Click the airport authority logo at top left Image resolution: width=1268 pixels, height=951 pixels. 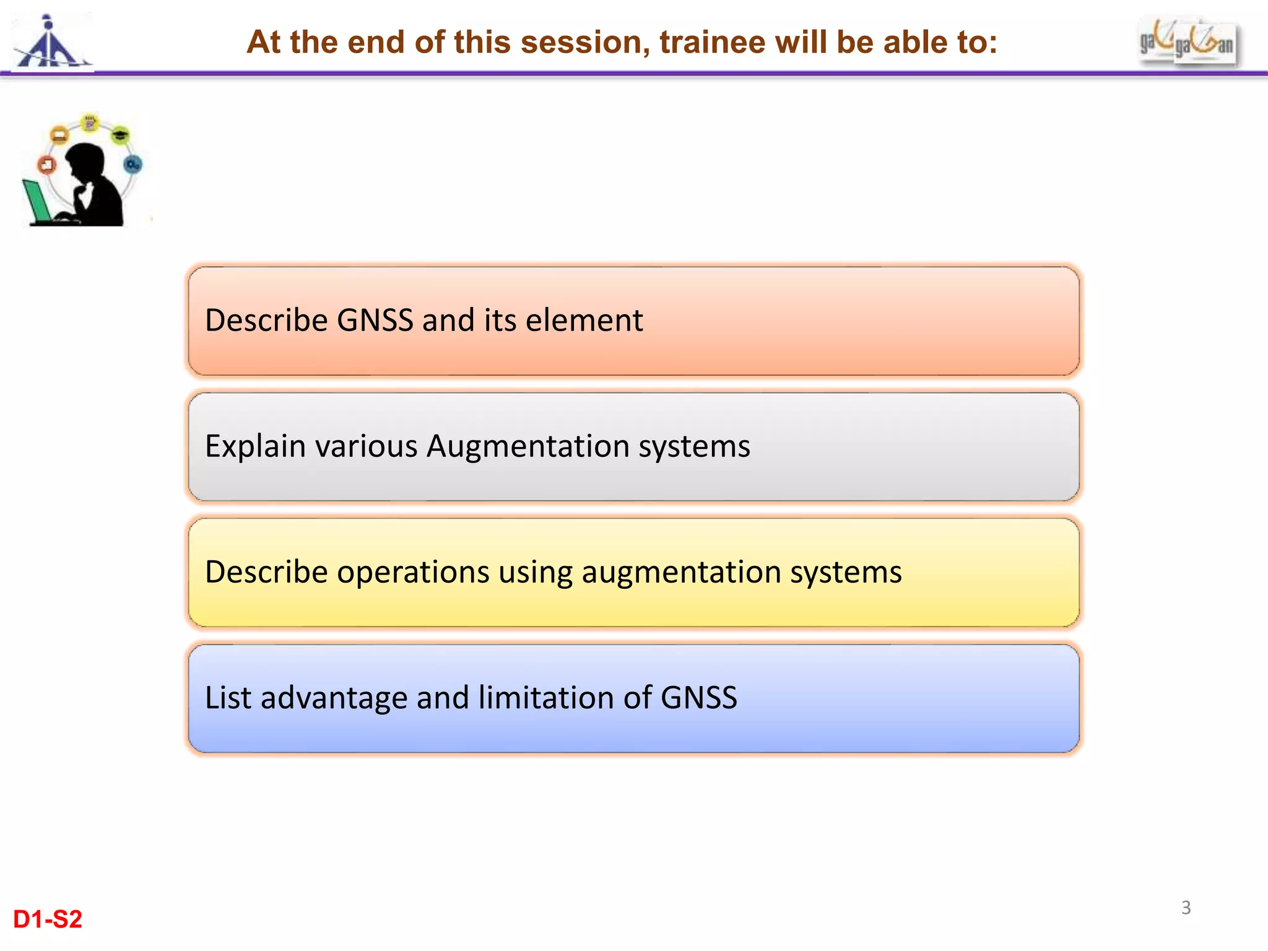pyautogui.click(x=52, y=43)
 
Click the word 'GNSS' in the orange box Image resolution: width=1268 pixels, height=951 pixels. pyautogui.click(x=375, y=321)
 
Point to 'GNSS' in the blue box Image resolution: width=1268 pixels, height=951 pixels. pyautogui.click(x=699, y=698)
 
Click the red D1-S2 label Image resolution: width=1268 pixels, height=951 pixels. pyautogui.click(x=48, y=919)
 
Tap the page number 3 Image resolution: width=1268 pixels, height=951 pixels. pyautogui.click(x=1186, y=908)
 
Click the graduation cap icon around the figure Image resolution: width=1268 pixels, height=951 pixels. pyautogui.click(x=120, y=134)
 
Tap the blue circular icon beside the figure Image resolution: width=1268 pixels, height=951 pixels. pyautogui.click(x=132, y=164)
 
